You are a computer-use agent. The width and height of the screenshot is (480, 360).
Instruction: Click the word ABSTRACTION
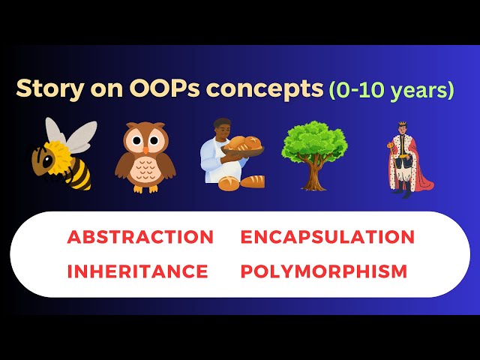pos(140,237)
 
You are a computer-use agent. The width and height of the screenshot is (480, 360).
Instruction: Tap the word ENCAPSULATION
pos(327,237)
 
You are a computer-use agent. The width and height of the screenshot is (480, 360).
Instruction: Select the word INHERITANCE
pos(137,271)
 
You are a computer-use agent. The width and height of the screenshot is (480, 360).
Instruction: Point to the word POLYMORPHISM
pos(324,271)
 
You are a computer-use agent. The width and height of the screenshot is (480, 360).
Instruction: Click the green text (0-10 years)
pos(391,90)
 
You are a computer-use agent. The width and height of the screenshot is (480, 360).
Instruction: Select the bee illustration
pos(64,153)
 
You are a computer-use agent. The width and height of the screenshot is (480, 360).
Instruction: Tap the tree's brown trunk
pos(314,177)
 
